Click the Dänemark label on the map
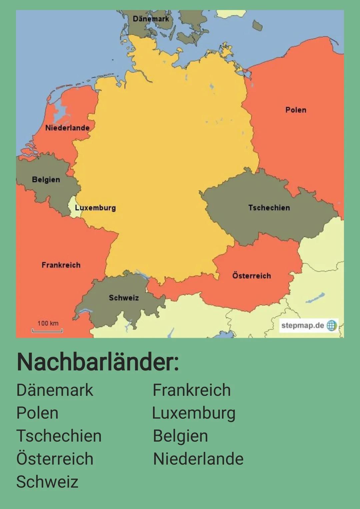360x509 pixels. click(151, 19)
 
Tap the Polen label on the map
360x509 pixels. click(296, 110)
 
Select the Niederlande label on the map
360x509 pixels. click(67, 128)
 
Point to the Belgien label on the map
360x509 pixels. click(46, 179)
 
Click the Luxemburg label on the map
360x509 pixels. click(95, 208)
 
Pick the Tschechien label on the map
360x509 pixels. click(269, 208)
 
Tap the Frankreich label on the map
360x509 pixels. click(61, 265)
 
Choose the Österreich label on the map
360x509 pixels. click(252, 276)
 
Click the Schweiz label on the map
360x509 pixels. click(124, 298)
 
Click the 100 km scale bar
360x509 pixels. click(47, 330)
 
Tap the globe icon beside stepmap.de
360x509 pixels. click(331, 325)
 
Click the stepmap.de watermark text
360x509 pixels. click(302, 325)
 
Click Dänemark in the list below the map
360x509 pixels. click(55, 390)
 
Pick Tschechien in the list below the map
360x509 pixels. click(59, 436)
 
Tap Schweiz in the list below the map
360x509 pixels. click(47, 482)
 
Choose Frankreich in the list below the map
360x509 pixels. click(192, 390)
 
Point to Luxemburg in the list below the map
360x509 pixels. click(194, 413)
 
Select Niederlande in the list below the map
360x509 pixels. click(198, 459)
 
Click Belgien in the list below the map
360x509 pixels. click(180, 436)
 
